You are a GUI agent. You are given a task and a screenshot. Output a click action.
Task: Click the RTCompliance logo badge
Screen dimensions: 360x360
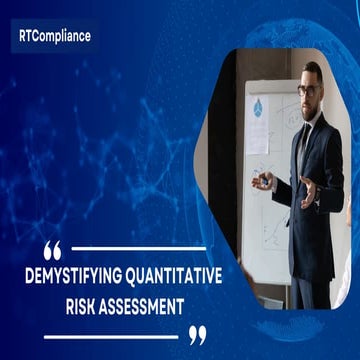(x=54, y=35)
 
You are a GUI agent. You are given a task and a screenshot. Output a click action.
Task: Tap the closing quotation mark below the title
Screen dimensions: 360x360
(x=198, y=334)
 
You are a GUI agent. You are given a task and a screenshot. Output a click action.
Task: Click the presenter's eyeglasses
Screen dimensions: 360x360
(x=309, y=88)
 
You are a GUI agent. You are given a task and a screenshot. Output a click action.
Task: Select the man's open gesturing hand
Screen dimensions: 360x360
(x=309, y=188)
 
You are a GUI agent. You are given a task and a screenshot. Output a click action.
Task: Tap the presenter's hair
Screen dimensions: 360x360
(x=313, y=71)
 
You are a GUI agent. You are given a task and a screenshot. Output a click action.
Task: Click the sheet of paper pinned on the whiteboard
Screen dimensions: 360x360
(x=258, y=135)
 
